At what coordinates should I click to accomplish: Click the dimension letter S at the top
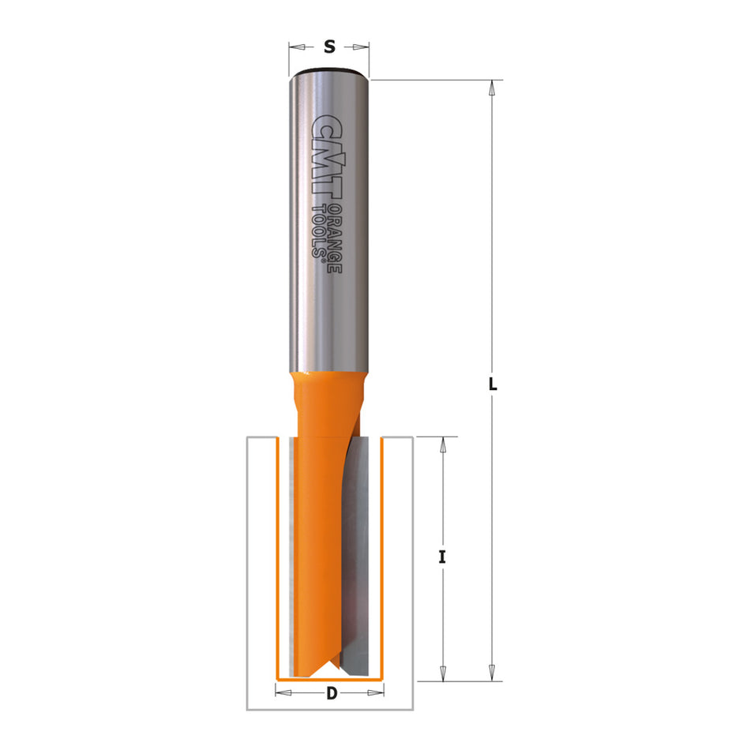pyautogui.click(x=329, y=47)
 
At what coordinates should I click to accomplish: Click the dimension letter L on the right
pyautogui.click(x=492, y=385)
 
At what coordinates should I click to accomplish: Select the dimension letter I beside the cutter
pyautogui.click(x=443, y=557)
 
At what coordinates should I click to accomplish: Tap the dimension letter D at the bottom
pyautogui.click(x=332, y=695)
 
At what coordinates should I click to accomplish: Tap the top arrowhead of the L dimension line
pyautogui.click(x=492, y=88)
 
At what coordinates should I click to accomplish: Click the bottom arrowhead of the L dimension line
pyautogui.click(x=492, y=673)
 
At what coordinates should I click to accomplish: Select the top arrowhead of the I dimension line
pyautogui.click(x=443, y=444)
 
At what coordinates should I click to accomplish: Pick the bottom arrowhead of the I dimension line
pyautogui.click(x=443, y=673)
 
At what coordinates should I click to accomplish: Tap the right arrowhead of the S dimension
pyautogui.click(x=365, y=47)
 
